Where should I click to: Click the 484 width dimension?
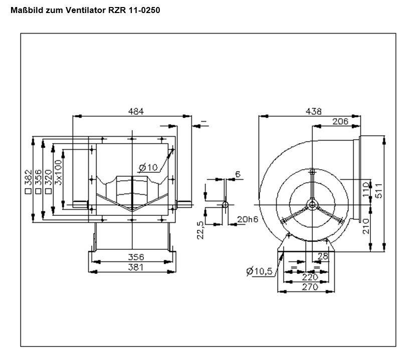click(135, 111)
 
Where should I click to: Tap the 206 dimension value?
click(340, 121)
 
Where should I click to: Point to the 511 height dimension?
click(379, 189)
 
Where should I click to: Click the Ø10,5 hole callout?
click(259, 271)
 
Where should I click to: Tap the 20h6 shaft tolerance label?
click(247, 219)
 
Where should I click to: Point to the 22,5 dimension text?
click(200, 231)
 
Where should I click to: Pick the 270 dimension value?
click(309, 287)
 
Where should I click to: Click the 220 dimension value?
click(309, 277)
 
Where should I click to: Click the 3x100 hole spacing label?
click(59, 173)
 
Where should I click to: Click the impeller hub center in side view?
click(312, 204)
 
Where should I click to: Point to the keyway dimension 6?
click(238, 174)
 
